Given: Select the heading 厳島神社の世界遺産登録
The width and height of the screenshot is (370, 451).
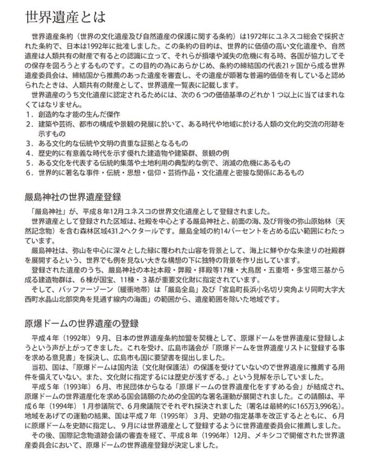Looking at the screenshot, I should click(x=73, y=198).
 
